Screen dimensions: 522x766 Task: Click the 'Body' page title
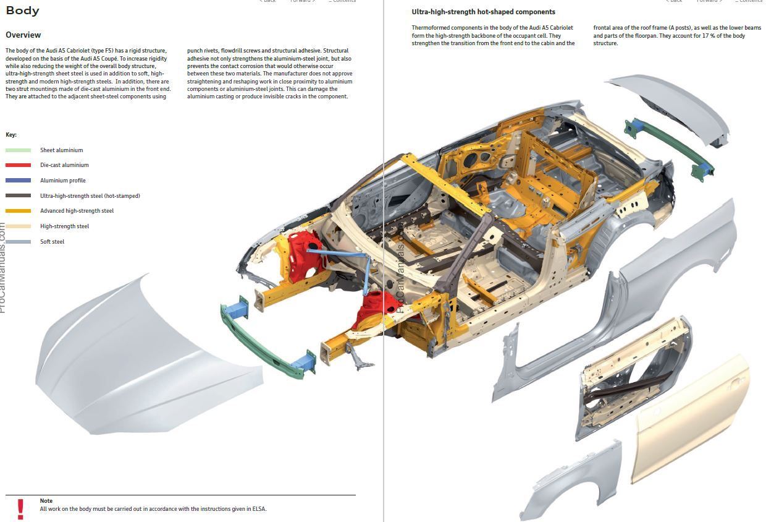pyautogui.click(x=22, y=11)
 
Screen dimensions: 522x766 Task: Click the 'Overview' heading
pyautogui.click(x=23, y=35)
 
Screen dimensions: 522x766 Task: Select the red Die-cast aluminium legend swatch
pyautogui.click(x=18, y=165)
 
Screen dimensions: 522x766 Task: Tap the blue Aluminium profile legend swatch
pyautogui.click(x=18, y=181)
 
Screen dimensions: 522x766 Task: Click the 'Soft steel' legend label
pyautogui.click(x=53, y=242)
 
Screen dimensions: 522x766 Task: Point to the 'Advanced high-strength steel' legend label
pyautogui.click(x=77, y=211)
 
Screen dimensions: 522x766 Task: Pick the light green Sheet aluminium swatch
pyautogui.click(x=18, y=150)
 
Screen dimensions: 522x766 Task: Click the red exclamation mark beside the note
pyautogui.click(x=20, y=508)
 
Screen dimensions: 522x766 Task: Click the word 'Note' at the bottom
pyautogui.click(x=46, y=501)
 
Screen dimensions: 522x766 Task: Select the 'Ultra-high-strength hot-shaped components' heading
pyautogui.click(x=483, y=12)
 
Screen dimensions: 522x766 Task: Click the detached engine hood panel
pyautogui.click(x=142, y=359)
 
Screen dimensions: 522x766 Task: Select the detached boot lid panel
pyautogui.click(x=673, y=105)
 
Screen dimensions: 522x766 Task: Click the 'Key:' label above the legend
pyautogui.click(x=11, y=135)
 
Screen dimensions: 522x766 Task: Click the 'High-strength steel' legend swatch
pyautogui.click(x=18, y=226)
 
